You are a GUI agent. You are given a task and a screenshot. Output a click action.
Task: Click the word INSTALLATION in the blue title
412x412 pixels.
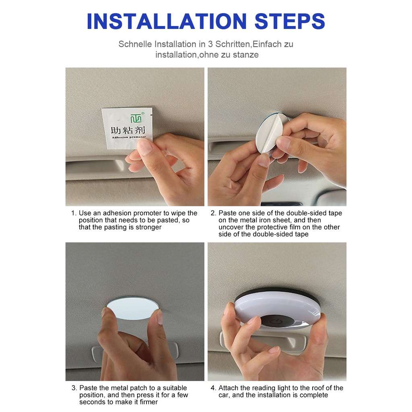(167, 21)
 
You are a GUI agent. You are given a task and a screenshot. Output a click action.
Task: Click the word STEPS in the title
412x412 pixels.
(290, 21)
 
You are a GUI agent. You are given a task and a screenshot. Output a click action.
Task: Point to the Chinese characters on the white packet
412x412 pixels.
(128, 130)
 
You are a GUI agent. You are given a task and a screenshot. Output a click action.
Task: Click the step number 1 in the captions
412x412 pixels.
(73, 213)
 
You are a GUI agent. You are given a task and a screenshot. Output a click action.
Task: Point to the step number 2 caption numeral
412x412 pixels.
(213, 213)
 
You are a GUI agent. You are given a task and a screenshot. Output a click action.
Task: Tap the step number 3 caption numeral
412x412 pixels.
(74, 388)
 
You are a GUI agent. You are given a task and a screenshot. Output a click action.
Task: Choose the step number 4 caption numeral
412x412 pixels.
(213, 388)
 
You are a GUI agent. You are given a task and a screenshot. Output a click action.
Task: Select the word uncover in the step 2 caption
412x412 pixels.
(231, 227)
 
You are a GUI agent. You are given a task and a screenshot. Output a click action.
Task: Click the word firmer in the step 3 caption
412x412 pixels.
(149, 402)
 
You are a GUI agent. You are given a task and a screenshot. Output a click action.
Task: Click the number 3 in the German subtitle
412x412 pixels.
(210, 44)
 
